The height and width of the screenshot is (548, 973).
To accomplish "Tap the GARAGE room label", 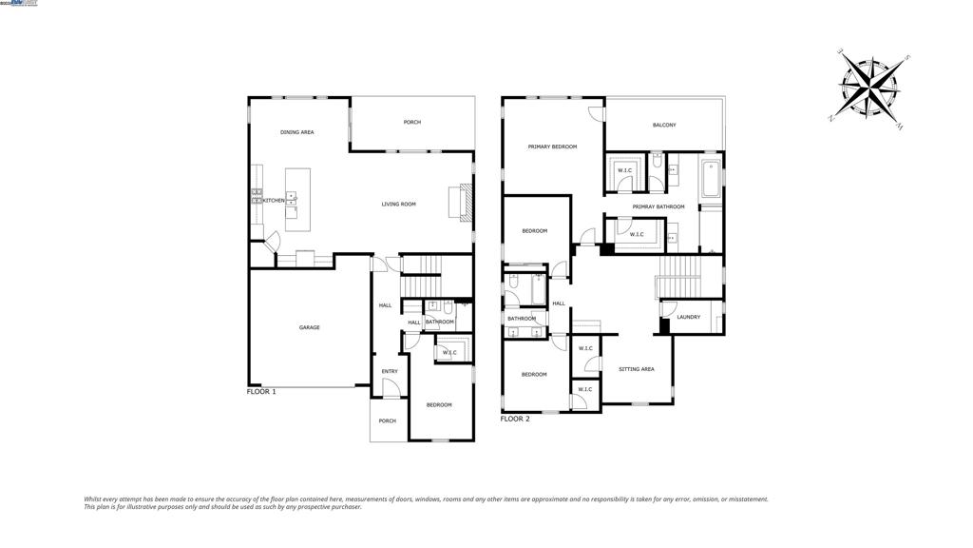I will [310, 327].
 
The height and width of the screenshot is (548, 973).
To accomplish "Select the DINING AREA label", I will [296, 132].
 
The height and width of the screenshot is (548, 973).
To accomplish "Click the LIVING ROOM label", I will [399, 204].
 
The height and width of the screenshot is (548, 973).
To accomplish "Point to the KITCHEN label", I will [274, 201].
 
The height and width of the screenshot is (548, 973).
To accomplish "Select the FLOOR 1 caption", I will [261, 392].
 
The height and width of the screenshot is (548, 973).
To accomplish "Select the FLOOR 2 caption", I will [515, 419].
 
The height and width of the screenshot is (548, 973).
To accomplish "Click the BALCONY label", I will [664, 126].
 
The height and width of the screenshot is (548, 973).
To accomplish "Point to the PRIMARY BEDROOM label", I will [552, 147].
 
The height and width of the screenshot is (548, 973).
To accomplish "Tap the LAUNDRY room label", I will [689, 317].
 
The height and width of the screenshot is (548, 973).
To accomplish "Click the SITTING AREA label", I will [636, 369].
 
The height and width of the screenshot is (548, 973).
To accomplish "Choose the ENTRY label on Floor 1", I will [390, 371].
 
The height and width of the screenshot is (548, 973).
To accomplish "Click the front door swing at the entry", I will [390, 388].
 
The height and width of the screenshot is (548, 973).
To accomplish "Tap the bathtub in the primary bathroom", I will [709, 181].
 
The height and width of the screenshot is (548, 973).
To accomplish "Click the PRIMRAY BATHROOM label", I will [658, 206].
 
